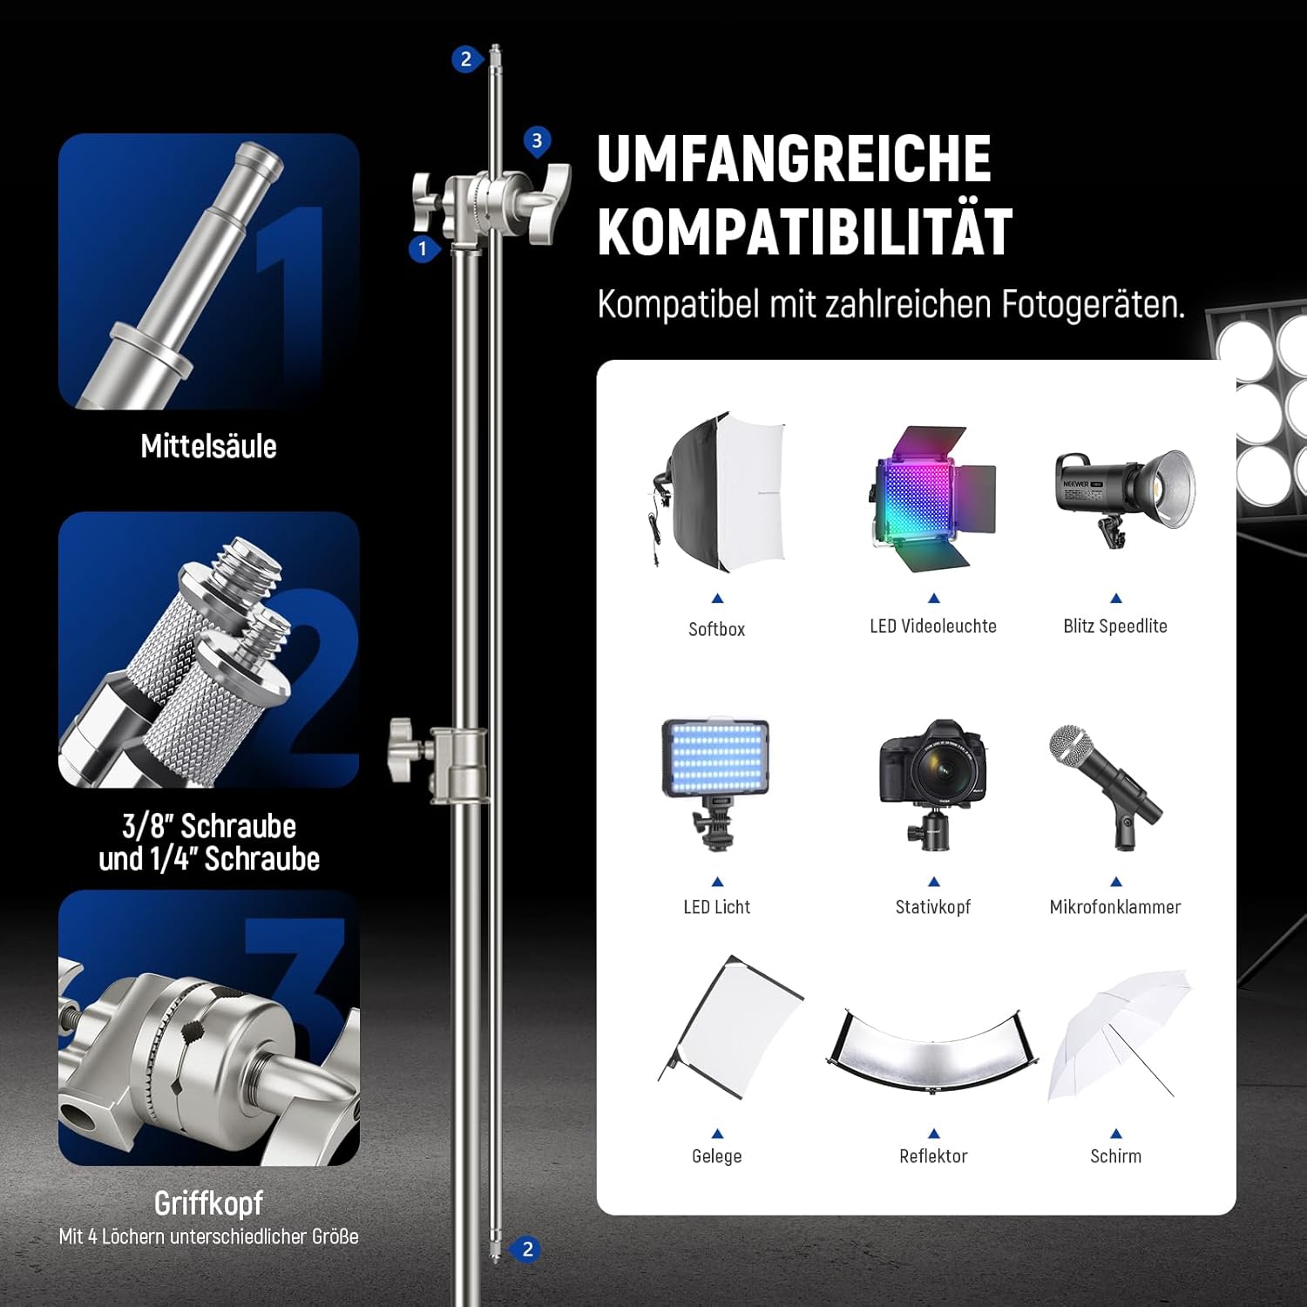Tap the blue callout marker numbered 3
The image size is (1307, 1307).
537,141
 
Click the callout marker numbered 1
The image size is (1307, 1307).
423,249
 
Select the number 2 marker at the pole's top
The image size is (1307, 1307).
466,59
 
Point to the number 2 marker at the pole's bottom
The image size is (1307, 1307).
526,1249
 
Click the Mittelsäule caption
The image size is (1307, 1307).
209,446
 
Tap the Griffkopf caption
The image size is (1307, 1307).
209,1203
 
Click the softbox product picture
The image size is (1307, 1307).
719,491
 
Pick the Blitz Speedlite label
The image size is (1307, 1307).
1115,626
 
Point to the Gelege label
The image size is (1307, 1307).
717,1156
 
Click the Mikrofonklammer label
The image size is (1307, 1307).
1115,907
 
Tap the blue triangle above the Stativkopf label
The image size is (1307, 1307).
934,882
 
